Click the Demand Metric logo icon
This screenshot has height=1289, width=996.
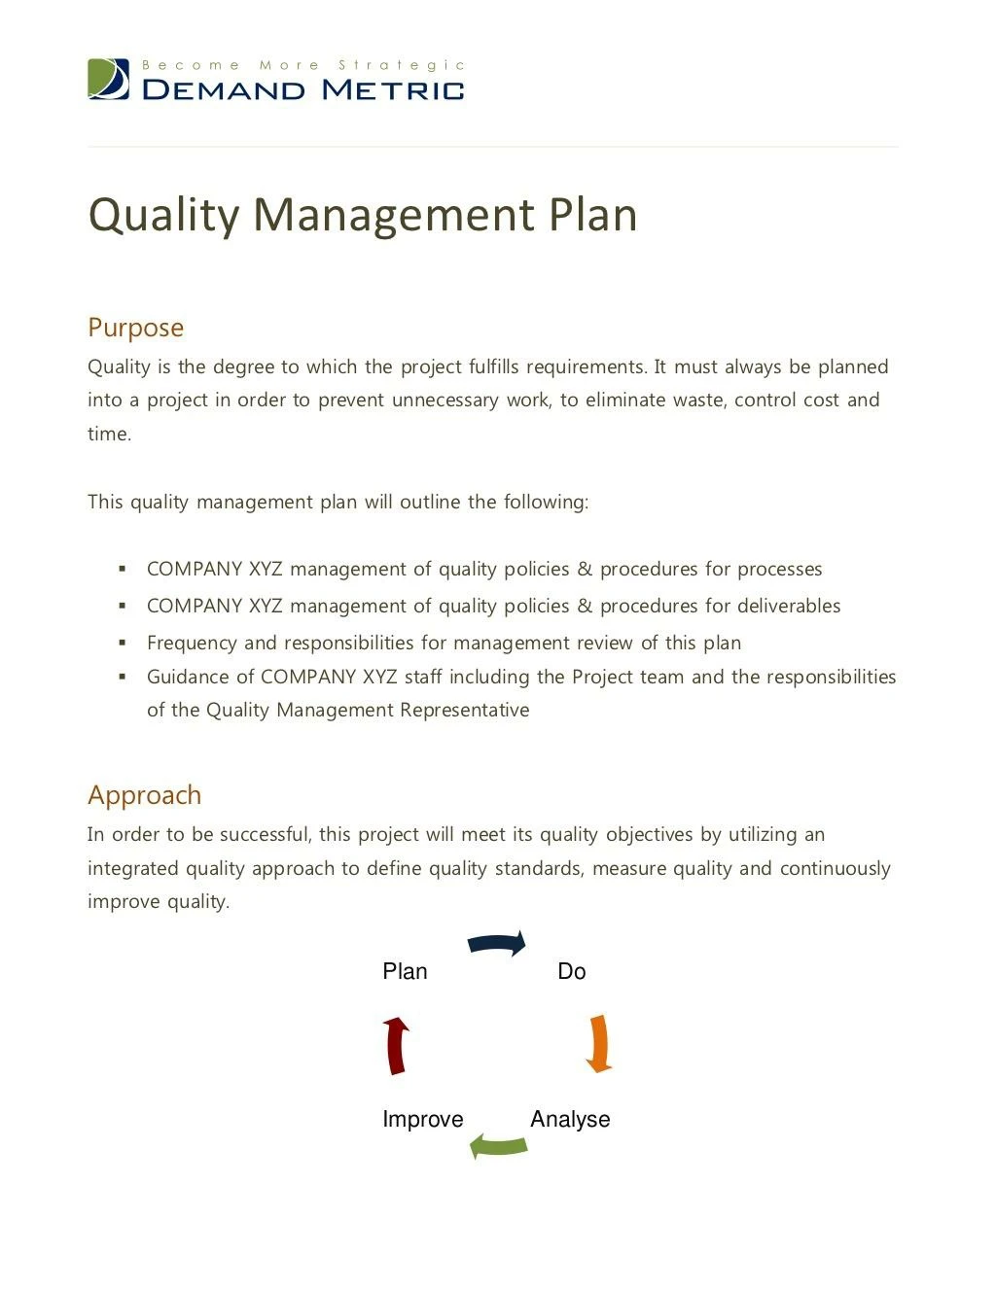click(x=108, y=79)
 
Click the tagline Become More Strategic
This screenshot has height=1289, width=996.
click(x=303, y=65)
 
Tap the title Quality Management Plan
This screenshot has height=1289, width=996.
click(x=362, y=215)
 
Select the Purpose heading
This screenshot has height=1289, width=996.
click(x=135, y=328)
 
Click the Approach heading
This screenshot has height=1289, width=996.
click(x=144, y=795)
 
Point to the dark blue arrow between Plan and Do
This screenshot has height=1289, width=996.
click(x=497, y=943)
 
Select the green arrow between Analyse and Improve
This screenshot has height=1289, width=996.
click(x=499, y=1146)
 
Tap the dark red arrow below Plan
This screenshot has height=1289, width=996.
click(x=396, y=1046)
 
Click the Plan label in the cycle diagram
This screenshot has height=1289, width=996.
click(x=405, y=971)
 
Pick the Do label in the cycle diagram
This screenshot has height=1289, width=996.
click(x=572, y=971)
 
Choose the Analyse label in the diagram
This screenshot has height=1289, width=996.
click(x=570, y=1119)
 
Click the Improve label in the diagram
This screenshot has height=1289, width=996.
click(x=422, y=1119)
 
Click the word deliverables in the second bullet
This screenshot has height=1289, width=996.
click(x=788, y=606)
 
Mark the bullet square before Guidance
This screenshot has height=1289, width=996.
click(x=123, y=677)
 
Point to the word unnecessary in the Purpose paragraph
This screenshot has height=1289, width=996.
click(x=445, y=401)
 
